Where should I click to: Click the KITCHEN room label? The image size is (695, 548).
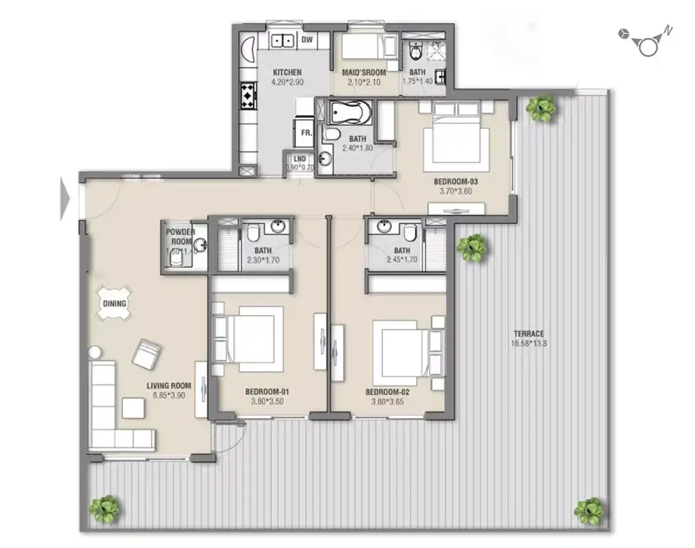pos(286,72)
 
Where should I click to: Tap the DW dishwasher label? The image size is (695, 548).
pos(307,40)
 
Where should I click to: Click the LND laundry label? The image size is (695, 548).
pos(300,158)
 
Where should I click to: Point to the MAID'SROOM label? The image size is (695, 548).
pos(364,72)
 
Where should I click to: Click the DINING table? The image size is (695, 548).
pos(115,303)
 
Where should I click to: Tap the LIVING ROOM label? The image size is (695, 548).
pos(168,387)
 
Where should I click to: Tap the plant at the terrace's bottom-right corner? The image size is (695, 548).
pos(589,511)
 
